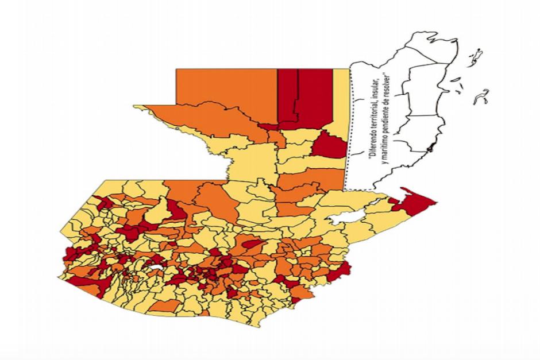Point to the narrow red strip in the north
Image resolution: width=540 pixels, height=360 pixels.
pos(288,95)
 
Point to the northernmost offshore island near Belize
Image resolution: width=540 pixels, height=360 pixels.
pos(475,57)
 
